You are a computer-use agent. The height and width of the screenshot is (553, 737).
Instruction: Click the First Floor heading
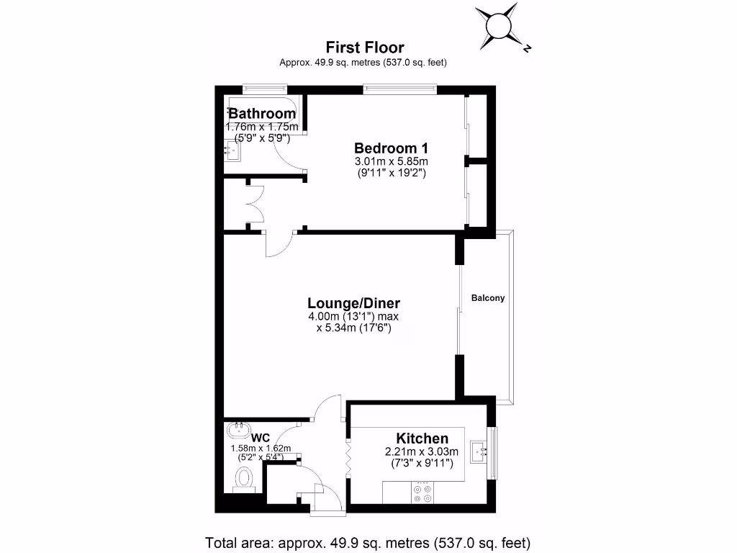coord(365,48)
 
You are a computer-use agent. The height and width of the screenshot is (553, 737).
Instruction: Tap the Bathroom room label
coord(262,114)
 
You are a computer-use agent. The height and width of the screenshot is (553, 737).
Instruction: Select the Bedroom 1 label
coord(391,147)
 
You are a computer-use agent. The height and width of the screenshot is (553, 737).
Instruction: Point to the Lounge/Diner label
coord(353,303)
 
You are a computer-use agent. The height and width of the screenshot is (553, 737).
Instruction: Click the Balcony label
coord(488,298)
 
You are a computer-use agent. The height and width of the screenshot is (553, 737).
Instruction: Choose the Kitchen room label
coord(422,439)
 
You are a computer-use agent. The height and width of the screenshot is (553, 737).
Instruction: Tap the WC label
coord(261,437)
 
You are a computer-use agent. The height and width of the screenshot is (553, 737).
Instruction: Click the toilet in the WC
coord(245,478)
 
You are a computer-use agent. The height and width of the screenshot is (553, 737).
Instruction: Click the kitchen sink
coord(478,452)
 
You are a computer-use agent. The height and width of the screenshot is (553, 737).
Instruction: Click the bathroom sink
coord(231,150)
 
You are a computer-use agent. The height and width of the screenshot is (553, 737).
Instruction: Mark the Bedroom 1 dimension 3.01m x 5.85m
coord(391,161)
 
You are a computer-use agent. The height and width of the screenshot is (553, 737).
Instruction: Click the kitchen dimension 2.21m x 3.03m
coord(422,452)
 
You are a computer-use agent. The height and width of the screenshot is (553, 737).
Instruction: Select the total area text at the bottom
coord(368,542)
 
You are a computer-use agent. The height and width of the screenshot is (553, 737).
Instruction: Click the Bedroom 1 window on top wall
coord(399,90)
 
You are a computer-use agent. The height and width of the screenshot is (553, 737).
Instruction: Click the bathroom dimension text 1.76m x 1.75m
coord(261,127)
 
